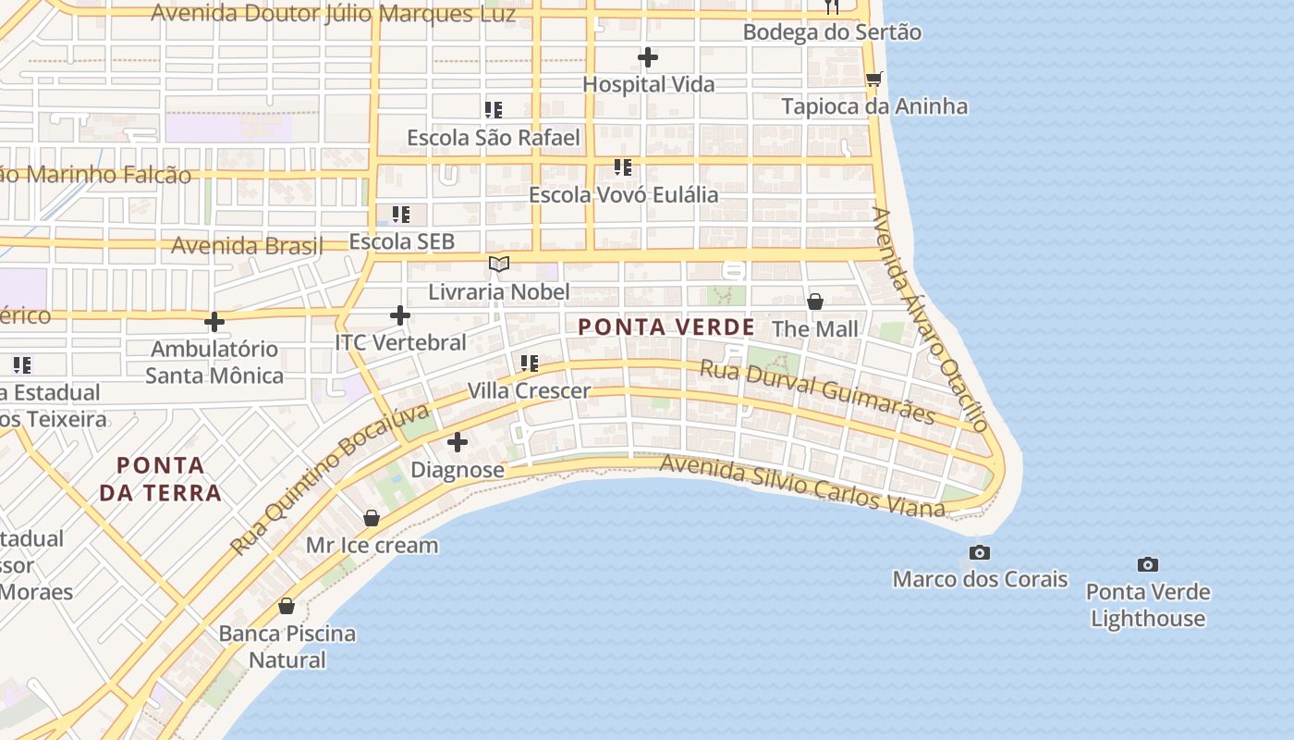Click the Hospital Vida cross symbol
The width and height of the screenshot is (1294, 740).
(x=648, y=57)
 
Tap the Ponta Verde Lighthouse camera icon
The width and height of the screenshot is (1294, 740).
(x=1147, y=564)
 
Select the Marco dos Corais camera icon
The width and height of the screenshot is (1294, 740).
(x=979, y=553)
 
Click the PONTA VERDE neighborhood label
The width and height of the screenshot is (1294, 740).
(x=666, y=327)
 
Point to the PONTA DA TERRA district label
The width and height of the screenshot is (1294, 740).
(x=160, y=478)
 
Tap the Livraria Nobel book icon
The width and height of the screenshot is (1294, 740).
(x=499, y=265)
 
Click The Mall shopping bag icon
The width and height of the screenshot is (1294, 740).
(x=815, y=302)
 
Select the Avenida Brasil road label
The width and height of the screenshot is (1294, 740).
(x=248, y=246)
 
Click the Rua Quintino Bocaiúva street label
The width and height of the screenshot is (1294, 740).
(x=330, y=478)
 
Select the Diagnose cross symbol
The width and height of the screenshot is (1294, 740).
(x=458, y=442)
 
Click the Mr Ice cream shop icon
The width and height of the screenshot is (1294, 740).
(x=372, y=518)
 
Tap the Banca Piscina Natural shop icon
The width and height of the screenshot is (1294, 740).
(x=287, y=606)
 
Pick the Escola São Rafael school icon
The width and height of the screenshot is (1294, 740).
(x=494, y=110)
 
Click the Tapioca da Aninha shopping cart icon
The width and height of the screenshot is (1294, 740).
(x=873, y=79)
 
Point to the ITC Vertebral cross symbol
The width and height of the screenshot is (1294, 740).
(x=400, y=315)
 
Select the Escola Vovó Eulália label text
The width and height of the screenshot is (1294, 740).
(x=623, y=195)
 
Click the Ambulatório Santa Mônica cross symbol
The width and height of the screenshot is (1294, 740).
(x=214, y=322)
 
